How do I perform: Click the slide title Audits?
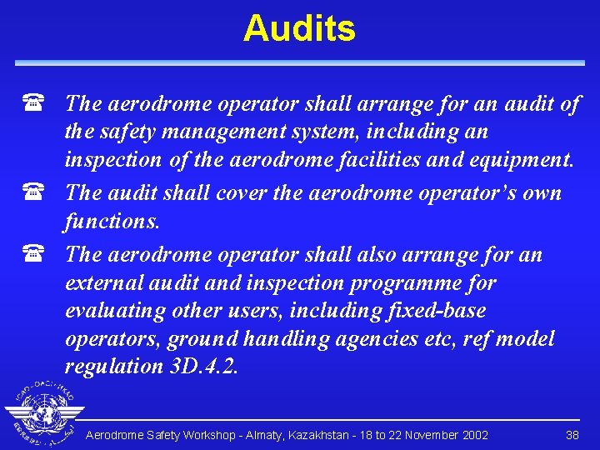pos(299,29)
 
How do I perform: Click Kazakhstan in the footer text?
pos(318,435)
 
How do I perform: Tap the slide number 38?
pos(572,435)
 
